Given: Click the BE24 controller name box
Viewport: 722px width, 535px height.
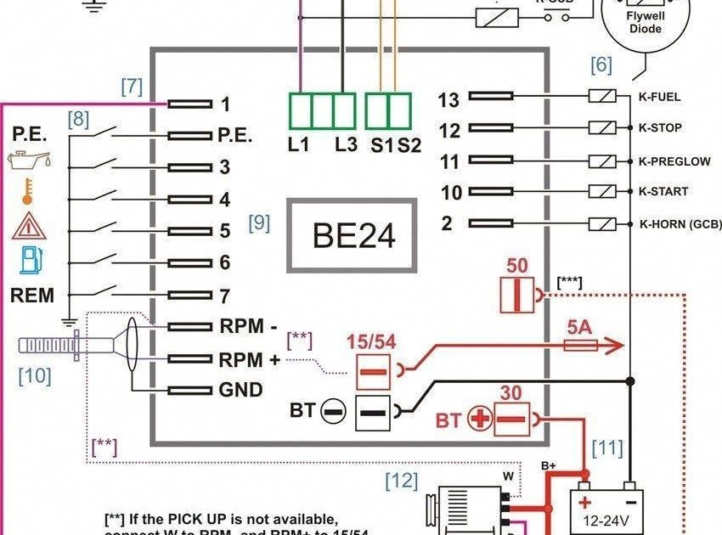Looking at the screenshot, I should (x=353, y=235).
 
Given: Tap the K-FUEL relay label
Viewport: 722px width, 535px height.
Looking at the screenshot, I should (x=659, y=98).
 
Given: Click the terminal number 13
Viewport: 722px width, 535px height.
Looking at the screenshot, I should (x=448, y=100).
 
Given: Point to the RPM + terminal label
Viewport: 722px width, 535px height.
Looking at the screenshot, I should (x=249, y=359).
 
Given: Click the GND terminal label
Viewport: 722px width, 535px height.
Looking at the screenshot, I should (x=240, y=391).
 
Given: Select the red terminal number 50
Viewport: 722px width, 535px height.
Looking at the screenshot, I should (x=517, y=265).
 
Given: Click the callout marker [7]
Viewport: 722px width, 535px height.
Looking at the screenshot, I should (x=131, y=86).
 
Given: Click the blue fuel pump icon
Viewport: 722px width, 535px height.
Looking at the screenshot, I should (x=30, y=259).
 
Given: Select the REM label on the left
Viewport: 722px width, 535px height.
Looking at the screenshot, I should (x=32, y=296).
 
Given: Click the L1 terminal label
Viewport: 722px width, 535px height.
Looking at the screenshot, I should (x=298, y=145).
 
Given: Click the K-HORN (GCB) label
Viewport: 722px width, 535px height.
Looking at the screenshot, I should (x=680, y=224).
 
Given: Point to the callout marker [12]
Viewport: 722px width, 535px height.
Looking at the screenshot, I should (x=402, y=481).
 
